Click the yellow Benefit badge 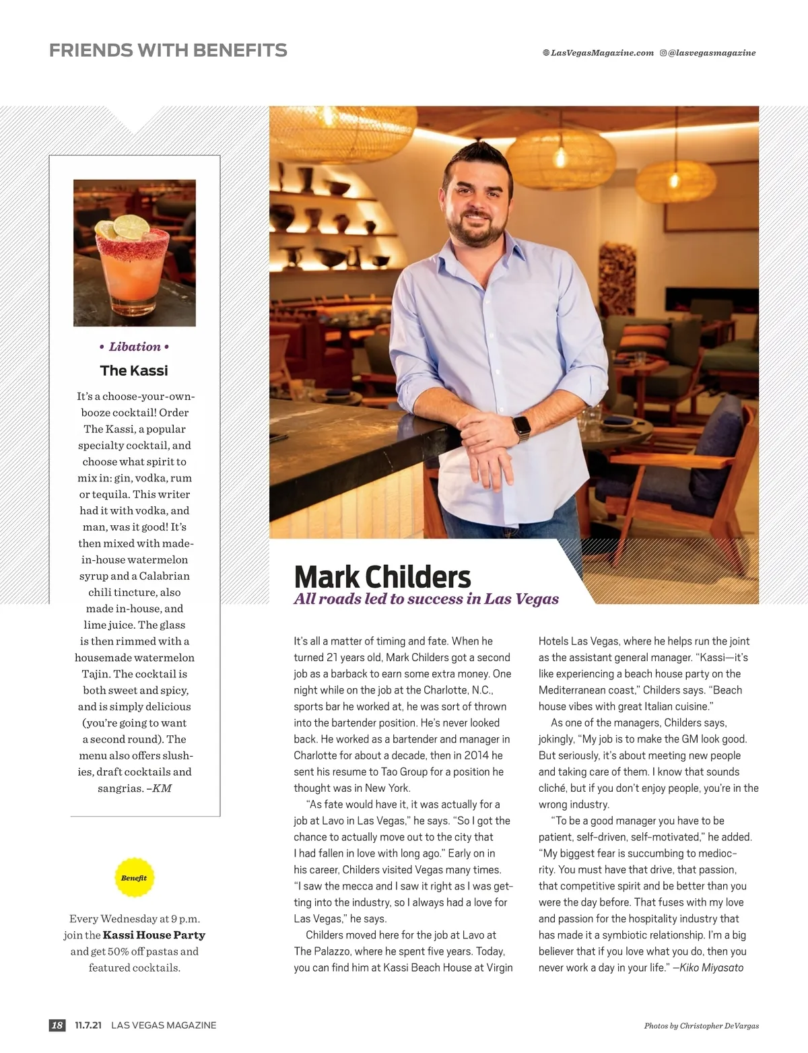134,877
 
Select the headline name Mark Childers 382,577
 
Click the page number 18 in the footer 57,1025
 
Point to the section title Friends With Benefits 168,50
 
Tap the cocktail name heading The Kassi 134,370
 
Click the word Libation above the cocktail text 135,347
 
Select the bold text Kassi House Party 154,935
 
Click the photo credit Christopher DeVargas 719,1026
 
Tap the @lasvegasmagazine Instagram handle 712,53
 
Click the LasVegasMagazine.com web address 602,53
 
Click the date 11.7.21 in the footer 88,1025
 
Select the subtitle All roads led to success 426,599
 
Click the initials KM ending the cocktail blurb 162,788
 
